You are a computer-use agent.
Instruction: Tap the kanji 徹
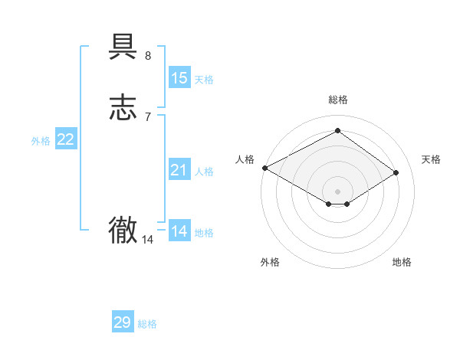click(123, 230)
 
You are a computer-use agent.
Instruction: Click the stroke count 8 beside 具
click(148, 56)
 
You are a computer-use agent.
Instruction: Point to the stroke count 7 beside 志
click(148, 116)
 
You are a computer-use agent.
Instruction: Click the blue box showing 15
click(179, 78)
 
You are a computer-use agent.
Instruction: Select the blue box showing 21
click(179, 170)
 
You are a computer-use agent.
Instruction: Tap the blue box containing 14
click(179, 231)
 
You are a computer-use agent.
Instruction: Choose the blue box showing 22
click(66, 139)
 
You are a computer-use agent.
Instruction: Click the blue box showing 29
click(123, 322)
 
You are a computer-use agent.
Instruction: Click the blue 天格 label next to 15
click(204, 80)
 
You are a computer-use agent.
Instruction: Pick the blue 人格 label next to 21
click(204, 172)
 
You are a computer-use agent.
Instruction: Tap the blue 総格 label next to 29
click(147, 324)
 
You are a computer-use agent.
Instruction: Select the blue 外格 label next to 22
click(41, 141)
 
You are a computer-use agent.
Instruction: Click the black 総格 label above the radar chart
click(338, 100)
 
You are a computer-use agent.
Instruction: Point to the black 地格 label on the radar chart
click(402, 262)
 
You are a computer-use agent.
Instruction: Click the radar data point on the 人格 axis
click(264, 168)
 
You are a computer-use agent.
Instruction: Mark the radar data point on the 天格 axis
click(396, 172)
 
